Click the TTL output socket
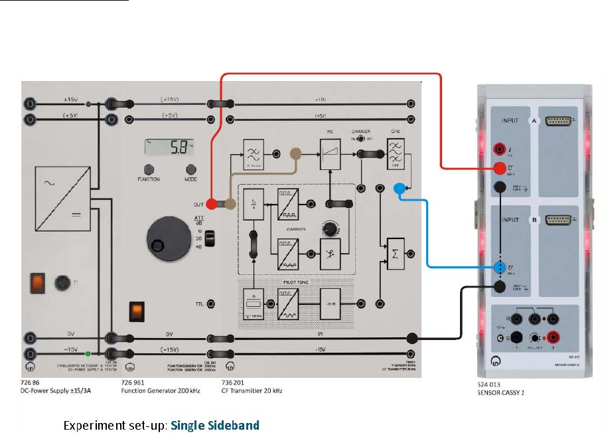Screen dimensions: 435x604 (x=210, y=304)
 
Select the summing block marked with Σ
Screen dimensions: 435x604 (x=396, y=253)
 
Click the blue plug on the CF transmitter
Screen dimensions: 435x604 (x=399, y=189)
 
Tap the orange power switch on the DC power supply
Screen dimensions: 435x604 (x=37, y=283)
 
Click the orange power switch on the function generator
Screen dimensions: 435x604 (x=136, y=310)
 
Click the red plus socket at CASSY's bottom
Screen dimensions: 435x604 (x=550, y=338)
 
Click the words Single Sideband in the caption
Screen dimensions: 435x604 (x=215, y=425)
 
